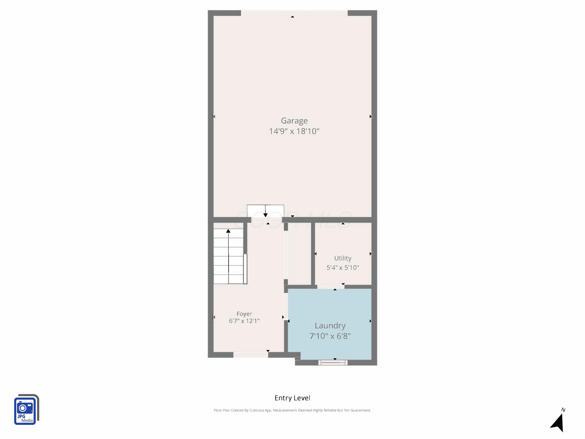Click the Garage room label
[294, 121]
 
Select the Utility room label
[343, 258]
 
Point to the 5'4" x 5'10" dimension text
[343, 267]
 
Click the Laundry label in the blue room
[330, 326]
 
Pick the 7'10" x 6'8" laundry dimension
[330, 336]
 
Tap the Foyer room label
[244, 314]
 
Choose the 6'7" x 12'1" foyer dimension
[244, 321]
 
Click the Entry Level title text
[292, 398]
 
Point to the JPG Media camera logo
[27, 409]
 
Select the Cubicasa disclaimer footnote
[292, 410]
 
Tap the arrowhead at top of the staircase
[228, 231]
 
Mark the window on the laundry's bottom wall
[333, 363]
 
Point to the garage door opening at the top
[294, 13]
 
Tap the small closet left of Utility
[299, 253]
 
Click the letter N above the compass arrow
[563, 410]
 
